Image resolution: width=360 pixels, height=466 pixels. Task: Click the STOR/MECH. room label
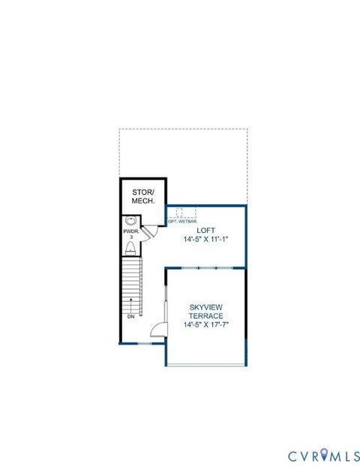[x=143, y=196]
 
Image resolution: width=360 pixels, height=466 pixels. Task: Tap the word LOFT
[x=205, y=231]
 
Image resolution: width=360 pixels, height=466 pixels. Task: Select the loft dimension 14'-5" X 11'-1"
[x=205, y=240]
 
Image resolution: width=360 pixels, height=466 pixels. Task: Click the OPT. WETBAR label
[x=182, y=222]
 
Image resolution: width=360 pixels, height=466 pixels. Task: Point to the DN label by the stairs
[x=131, y=317]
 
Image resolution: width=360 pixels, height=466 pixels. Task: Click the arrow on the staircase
[x=131, y=303]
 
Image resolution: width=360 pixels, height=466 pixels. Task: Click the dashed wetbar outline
[x=181, y=212]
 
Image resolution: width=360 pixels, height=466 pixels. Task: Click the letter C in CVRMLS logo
[x=293, y=456]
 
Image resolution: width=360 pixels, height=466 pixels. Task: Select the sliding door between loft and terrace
[x=204, y=267]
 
